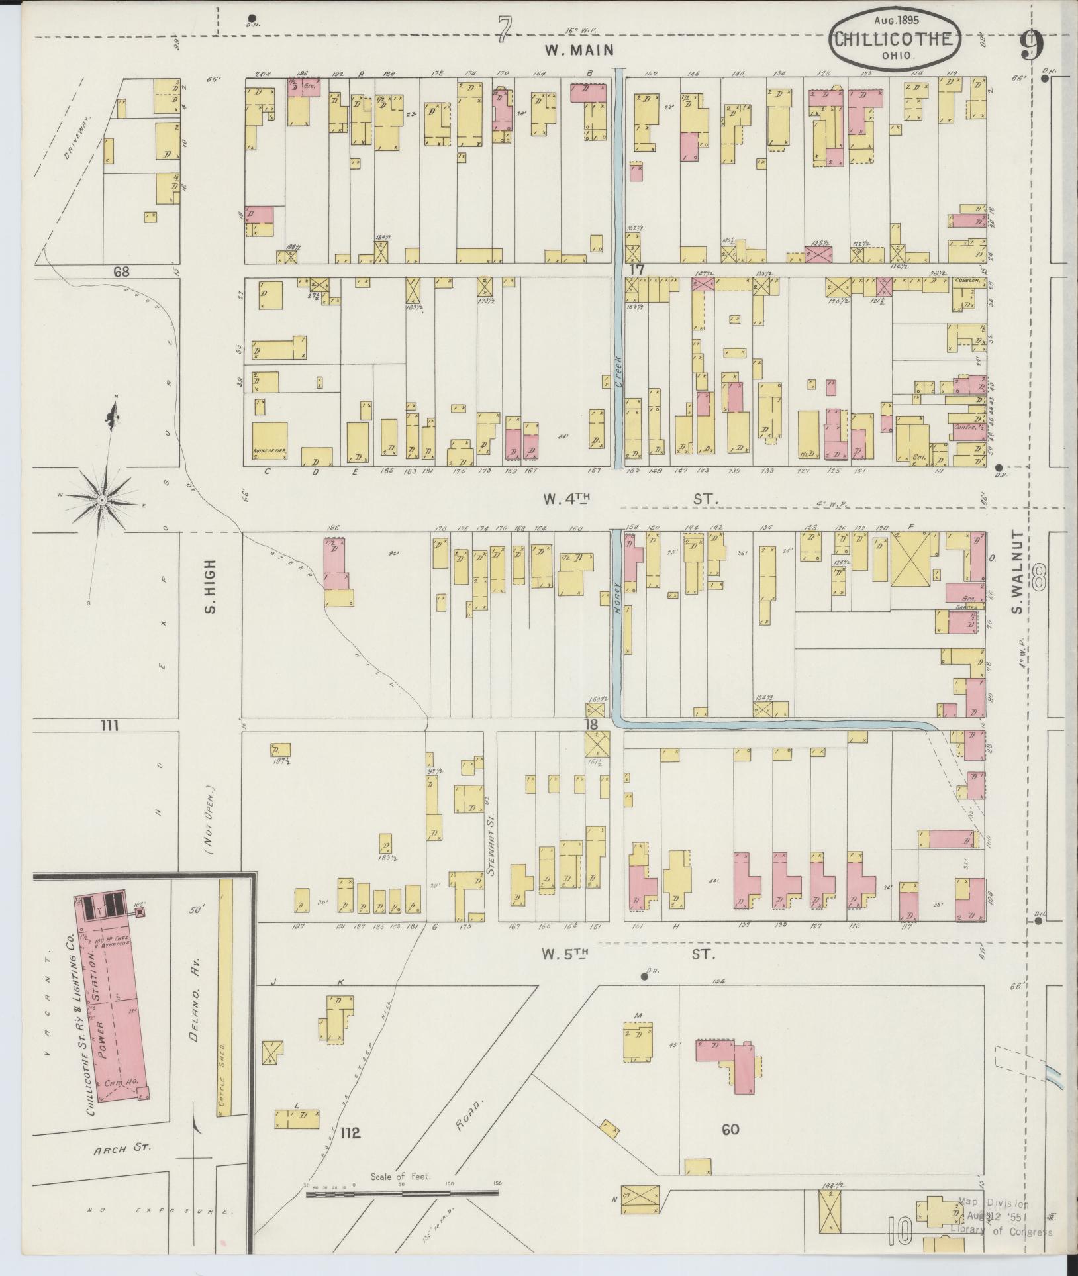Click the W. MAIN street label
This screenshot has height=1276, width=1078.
(x=579, y=50)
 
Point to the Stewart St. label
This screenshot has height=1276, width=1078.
(x=491, y=836)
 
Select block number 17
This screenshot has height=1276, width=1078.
(x=637, y=270)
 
